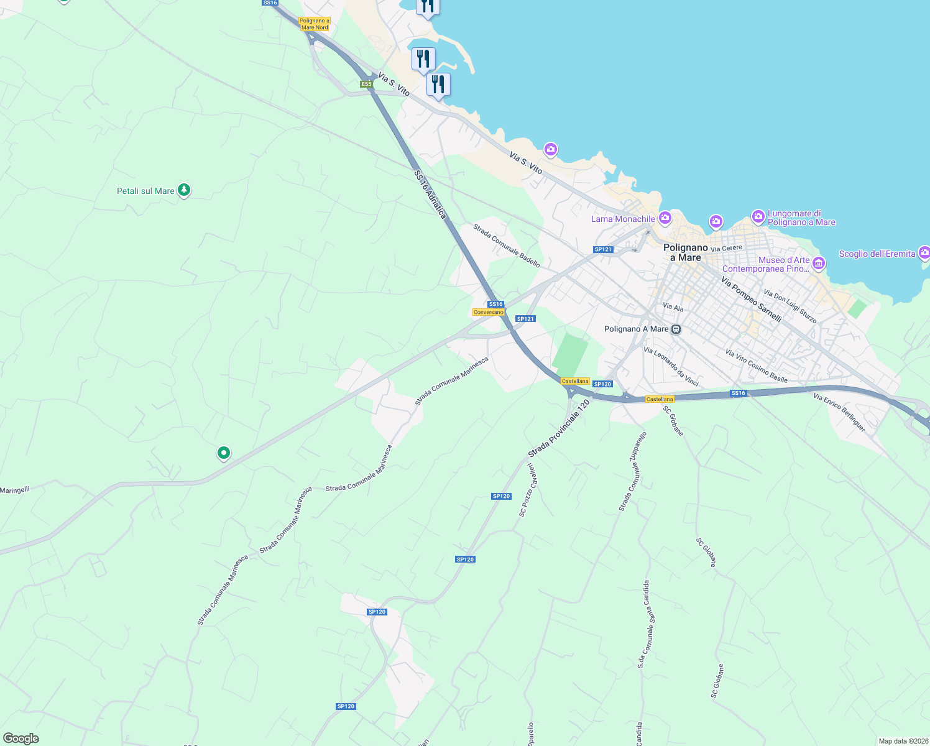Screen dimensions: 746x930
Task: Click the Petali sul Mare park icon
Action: point(183,190)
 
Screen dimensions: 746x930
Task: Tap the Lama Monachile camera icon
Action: point(665,218)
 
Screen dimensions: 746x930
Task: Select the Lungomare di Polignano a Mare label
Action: point(801,218)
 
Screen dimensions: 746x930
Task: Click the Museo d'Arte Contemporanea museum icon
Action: point(819,264)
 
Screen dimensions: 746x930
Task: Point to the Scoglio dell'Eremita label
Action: point(877,254)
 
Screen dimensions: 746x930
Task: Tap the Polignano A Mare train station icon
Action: point(676,329)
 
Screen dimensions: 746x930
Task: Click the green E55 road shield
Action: point(366,84)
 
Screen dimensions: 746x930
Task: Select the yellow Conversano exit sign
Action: point(488,312)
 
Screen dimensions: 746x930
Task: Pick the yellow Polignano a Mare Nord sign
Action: point(315,24)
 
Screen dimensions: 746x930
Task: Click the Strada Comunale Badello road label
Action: point(507,246)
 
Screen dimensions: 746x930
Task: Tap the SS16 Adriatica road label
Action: point(430,194)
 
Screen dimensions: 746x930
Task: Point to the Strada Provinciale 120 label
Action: point(558,429)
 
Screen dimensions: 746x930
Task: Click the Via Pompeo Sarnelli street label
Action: point(751,299)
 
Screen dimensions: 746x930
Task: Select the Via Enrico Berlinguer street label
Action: point(839,412)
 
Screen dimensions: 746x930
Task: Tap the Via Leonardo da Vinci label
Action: point(671,367)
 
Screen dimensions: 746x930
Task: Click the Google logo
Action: point(21,738)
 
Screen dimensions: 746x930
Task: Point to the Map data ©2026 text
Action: point(903,741)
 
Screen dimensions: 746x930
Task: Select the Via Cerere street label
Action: point(726,248)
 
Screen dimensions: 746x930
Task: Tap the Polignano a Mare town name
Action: point(686,252)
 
